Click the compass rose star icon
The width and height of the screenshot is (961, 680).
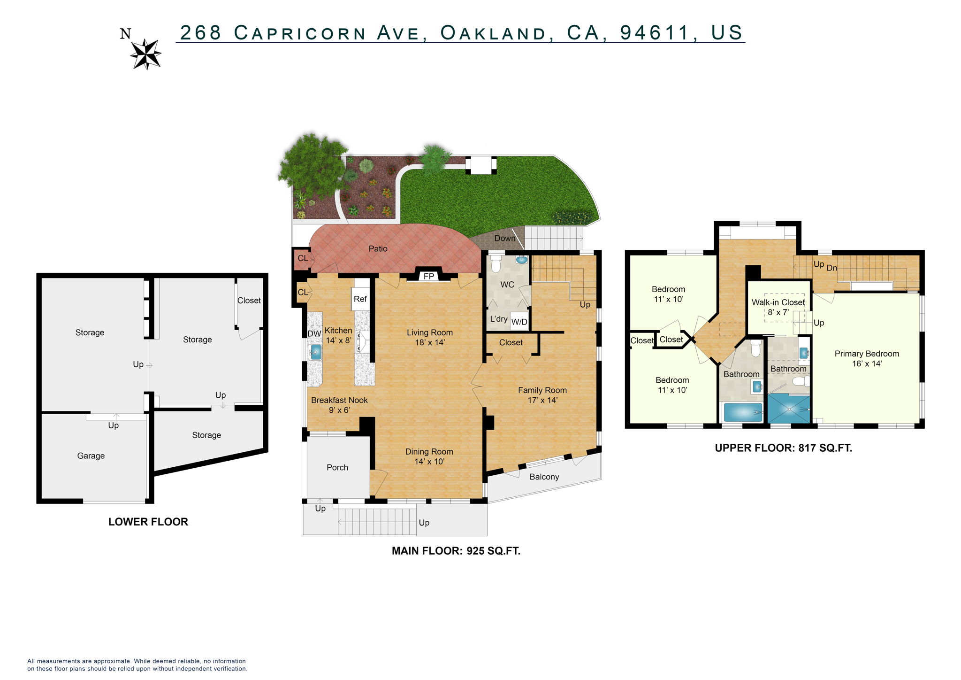click(x=146, y=54)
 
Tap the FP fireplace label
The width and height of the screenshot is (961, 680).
click(x=429, y=276)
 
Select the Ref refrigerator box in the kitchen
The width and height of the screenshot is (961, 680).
click(x=360, y=299)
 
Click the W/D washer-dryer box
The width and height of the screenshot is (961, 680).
click(x=519, y=322)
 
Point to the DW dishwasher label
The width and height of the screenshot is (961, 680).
click(x=314, y=333)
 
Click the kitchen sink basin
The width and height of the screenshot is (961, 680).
click(x=316, y=351)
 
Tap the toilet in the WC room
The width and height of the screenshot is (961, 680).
click(x=496, y=264)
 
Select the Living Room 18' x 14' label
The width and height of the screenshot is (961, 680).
click(x=429, y=337)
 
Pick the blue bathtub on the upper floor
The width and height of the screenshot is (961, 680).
click(x=743, y=412)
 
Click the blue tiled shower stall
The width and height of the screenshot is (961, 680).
click(x=789, y=409)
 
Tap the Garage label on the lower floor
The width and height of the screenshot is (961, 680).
click(x=91, y=456)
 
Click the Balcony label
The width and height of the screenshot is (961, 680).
click(x=544, y=477)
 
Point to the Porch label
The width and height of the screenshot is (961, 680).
click(x=337, y=467)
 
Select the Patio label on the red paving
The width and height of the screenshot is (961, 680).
click(x=378, y=248)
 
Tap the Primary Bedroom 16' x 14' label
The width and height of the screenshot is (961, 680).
click(x=867, y=358)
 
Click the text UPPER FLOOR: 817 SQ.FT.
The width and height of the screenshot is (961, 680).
click(x=783, y=448)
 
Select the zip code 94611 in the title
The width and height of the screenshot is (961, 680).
click(x=655, y=32)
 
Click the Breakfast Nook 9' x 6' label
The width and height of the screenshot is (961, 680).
click(x=339, y=405)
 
